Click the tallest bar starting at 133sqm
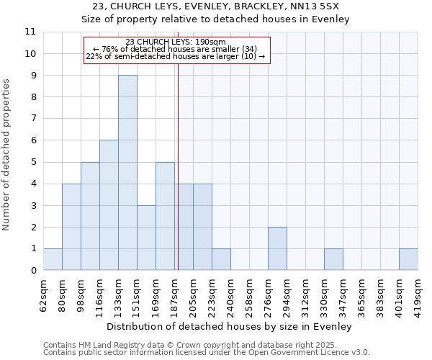pos(127,173)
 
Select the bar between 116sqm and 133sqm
pos(109,205)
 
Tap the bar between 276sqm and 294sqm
pos(277,248)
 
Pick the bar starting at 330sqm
pos(333,259)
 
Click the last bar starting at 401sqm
pos(408,259)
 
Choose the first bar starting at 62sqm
pos(53,259)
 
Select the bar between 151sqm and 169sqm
pos(146,238)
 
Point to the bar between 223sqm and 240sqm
pos(221,259)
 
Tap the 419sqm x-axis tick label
pos(418,295)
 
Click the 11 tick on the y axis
pos(30,32)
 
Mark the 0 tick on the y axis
pos(33,271)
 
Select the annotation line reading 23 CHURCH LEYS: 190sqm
pos(176,42)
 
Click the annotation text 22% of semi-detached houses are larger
pos(176,56)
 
